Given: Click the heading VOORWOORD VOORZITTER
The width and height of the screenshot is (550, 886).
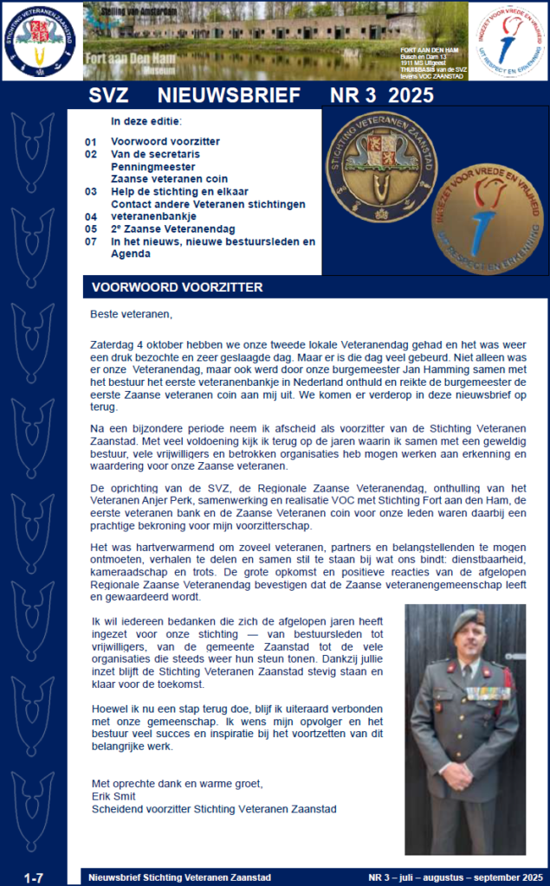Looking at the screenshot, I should (177, 287).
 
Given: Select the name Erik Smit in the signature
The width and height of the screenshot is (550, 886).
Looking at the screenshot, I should (114, 796).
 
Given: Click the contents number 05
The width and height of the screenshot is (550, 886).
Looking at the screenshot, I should (91, 229).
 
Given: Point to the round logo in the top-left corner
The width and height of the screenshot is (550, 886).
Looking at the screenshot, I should (38, 40).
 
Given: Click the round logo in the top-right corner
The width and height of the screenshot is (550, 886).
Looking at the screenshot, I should (508, 40).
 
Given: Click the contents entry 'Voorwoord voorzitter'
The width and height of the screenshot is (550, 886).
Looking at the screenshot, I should (165, 141).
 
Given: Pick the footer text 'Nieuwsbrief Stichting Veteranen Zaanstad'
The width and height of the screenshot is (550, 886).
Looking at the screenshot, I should (179, 877).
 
